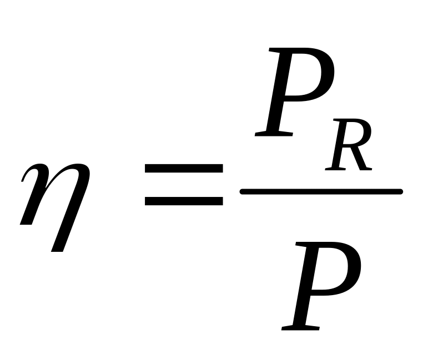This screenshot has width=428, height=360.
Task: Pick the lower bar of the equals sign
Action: click(183, 201)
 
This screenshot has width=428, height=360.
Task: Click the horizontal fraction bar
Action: click(321, 192)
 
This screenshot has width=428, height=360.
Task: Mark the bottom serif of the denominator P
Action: click(300, 327)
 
